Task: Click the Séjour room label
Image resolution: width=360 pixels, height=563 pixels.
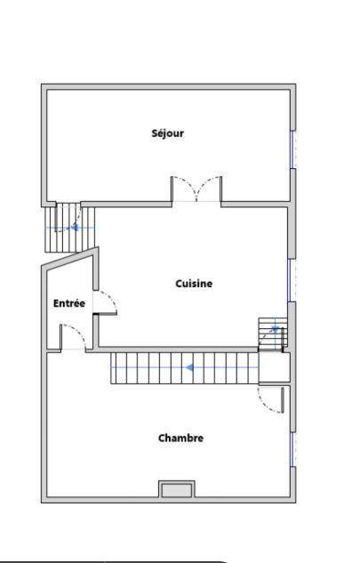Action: pyautogui.click(x=167, y=133)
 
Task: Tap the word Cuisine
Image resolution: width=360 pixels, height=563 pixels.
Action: pyautogui.click(x=193, y=284)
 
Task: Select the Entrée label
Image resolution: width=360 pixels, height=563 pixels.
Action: pyautogui.click(x=69, y=303)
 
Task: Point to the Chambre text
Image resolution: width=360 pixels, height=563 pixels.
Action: pyautogui.click(x=180, y=438)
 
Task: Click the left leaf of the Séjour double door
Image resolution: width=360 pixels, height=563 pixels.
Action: pyautogui.click(x=184, y=189)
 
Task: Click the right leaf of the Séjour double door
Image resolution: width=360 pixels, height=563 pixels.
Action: pyautogui.click(x=209, y=189)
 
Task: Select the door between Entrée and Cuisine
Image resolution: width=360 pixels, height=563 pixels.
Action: pyautogui.click(x=107, y=302)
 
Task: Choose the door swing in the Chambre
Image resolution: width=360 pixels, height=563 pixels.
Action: pyautogui.click(x=270, y=399)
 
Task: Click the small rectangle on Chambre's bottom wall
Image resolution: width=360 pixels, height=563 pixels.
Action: pyautogui.click(x=176, y=489)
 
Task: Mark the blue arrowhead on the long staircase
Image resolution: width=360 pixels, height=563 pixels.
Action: pyautogui.click(x=189, y=366)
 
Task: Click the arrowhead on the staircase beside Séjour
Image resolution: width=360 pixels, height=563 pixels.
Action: pyautogui.click(x=75, y=228)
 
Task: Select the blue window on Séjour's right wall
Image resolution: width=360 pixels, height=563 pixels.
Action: pyautogui.click(x=292, y=149)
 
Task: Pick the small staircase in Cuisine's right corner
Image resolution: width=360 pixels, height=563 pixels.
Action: pyautogui.click(x=268, y=334)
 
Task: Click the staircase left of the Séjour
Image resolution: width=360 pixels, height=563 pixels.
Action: pyautogui.click(x=62, y=228)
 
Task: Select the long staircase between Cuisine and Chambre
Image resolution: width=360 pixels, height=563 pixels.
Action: pyautogui.click(x=184, y=367)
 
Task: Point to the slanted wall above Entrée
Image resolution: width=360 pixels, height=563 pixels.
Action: pyautogui.click(x=68, y=259)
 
